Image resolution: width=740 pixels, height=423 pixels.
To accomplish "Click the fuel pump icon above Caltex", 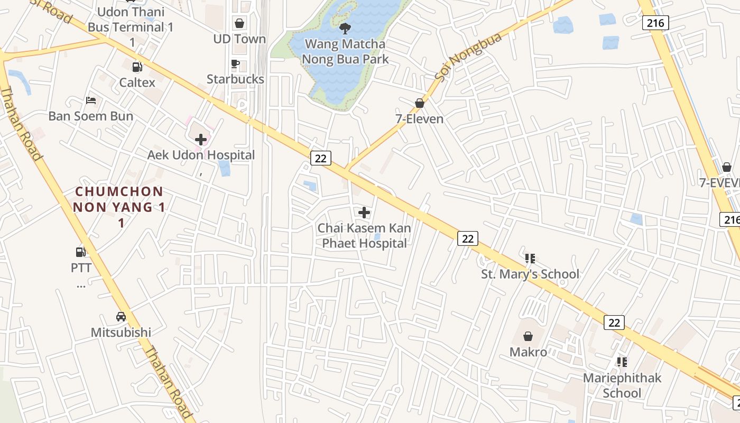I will (x=137, y=67).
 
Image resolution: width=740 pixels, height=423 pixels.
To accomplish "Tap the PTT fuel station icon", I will (x=80, y=252).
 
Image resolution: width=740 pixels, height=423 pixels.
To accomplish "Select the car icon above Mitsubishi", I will (x=121, y=317).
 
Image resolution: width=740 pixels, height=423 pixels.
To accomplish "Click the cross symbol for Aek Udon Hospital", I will (x=201, y=140).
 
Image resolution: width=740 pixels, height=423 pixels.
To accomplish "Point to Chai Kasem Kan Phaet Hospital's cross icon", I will (x=364, y=213).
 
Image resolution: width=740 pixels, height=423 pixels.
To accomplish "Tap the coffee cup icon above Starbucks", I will (x=235, y=64).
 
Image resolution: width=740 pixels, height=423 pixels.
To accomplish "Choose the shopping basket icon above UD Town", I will (x=239, y=23).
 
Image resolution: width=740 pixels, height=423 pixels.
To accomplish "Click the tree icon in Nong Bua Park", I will (x=345, y=28).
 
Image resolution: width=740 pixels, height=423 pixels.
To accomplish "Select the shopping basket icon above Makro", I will (x=528, y=336).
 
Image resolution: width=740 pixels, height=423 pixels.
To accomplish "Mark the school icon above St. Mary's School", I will (x=530, y=259).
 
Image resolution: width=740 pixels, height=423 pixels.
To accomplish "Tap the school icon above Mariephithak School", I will (x=622, y=362).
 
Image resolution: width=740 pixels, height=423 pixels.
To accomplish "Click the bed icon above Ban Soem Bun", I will (x=91, y=100).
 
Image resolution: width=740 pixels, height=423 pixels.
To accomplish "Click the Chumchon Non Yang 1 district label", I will (x=119, y=207).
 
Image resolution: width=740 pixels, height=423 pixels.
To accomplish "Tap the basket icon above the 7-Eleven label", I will (x=420, y=103).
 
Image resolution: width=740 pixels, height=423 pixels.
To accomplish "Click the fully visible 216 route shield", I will (x=655, y=23).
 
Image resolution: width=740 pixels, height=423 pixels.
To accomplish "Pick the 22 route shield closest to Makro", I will (x=614, y=323).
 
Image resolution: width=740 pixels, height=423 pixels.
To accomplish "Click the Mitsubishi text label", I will (x=121, y=333).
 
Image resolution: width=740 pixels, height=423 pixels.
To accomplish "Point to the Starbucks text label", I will (x=235, y=79).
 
